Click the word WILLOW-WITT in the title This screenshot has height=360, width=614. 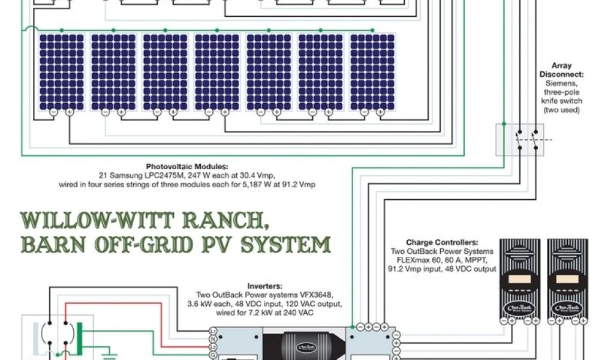[79, 221]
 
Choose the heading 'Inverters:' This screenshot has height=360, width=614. [265, 286]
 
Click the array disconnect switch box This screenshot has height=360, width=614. [519, 140]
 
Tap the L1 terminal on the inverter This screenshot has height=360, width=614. [213, 331]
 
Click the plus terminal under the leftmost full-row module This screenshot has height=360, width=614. [69, 112]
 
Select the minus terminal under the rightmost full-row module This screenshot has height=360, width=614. [364, 112]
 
